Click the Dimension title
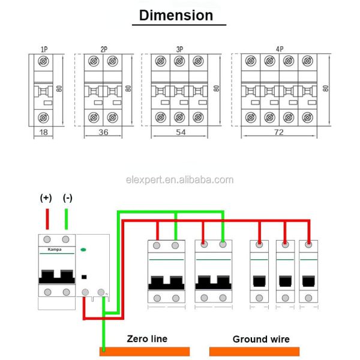coord(176,15)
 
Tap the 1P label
coord(44,49)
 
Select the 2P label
coord(103,49)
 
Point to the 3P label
coord(179,49)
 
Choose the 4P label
coord(280,49)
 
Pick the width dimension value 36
coord(103,131)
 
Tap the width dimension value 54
coord(179,131)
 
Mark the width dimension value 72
coord(278,131)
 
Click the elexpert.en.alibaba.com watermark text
coord(179,179)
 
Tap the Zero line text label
coord(147,338)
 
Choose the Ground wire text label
coord(261,339)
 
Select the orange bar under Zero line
coord(145,351)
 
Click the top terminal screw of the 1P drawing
coord(43,61)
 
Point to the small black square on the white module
coord(85,277)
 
